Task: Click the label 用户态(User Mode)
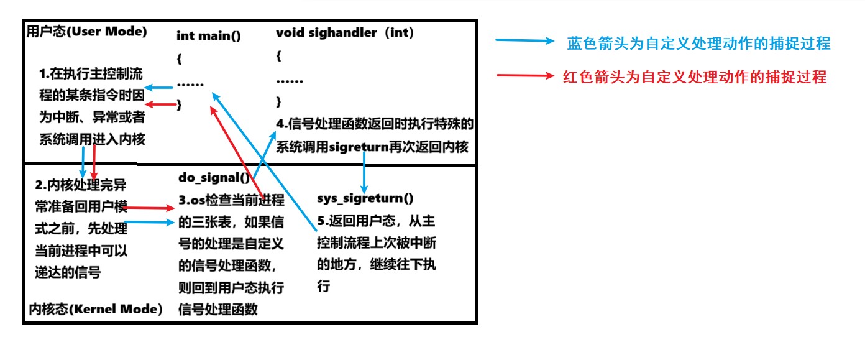86,32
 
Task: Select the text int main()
209,35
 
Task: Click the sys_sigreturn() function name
365,198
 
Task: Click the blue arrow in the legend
524,42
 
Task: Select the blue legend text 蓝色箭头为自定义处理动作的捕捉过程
698,44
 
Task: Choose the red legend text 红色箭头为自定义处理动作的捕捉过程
695,78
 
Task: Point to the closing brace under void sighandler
279,101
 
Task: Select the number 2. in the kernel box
40,185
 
